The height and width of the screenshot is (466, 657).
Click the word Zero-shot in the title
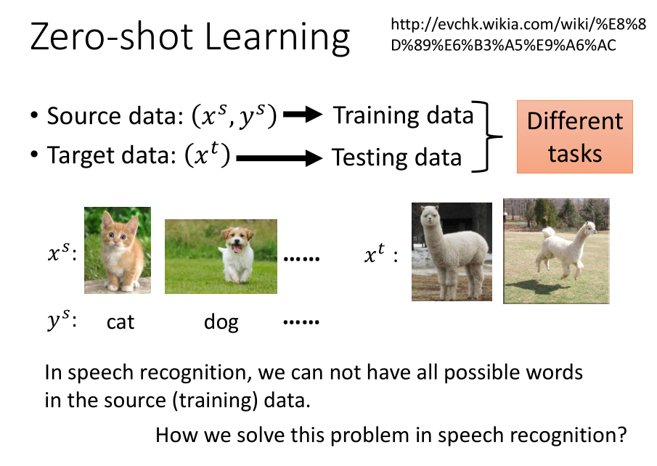point(112,36)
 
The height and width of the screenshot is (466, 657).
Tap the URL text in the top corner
point(518,35)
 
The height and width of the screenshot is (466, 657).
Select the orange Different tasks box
point(575,136)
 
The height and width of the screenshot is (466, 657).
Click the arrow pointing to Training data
point(303,114)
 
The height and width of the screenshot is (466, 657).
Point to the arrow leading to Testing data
point(279,158)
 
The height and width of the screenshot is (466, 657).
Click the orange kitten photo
point(118,250)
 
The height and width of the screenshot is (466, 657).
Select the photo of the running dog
point(221,256)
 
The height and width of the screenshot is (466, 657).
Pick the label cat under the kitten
point(121,322)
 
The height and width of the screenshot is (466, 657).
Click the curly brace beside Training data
point(486,136)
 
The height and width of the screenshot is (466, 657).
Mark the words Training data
point(403,115)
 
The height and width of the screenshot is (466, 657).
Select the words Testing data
point(397,158)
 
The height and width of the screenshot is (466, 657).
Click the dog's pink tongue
point(237,249)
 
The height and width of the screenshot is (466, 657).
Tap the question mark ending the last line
point(622,434)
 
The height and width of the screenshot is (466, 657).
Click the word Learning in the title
point(277,38)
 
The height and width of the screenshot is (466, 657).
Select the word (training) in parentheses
point(215,400)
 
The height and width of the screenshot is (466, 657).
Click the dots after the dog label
point(301,322)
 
